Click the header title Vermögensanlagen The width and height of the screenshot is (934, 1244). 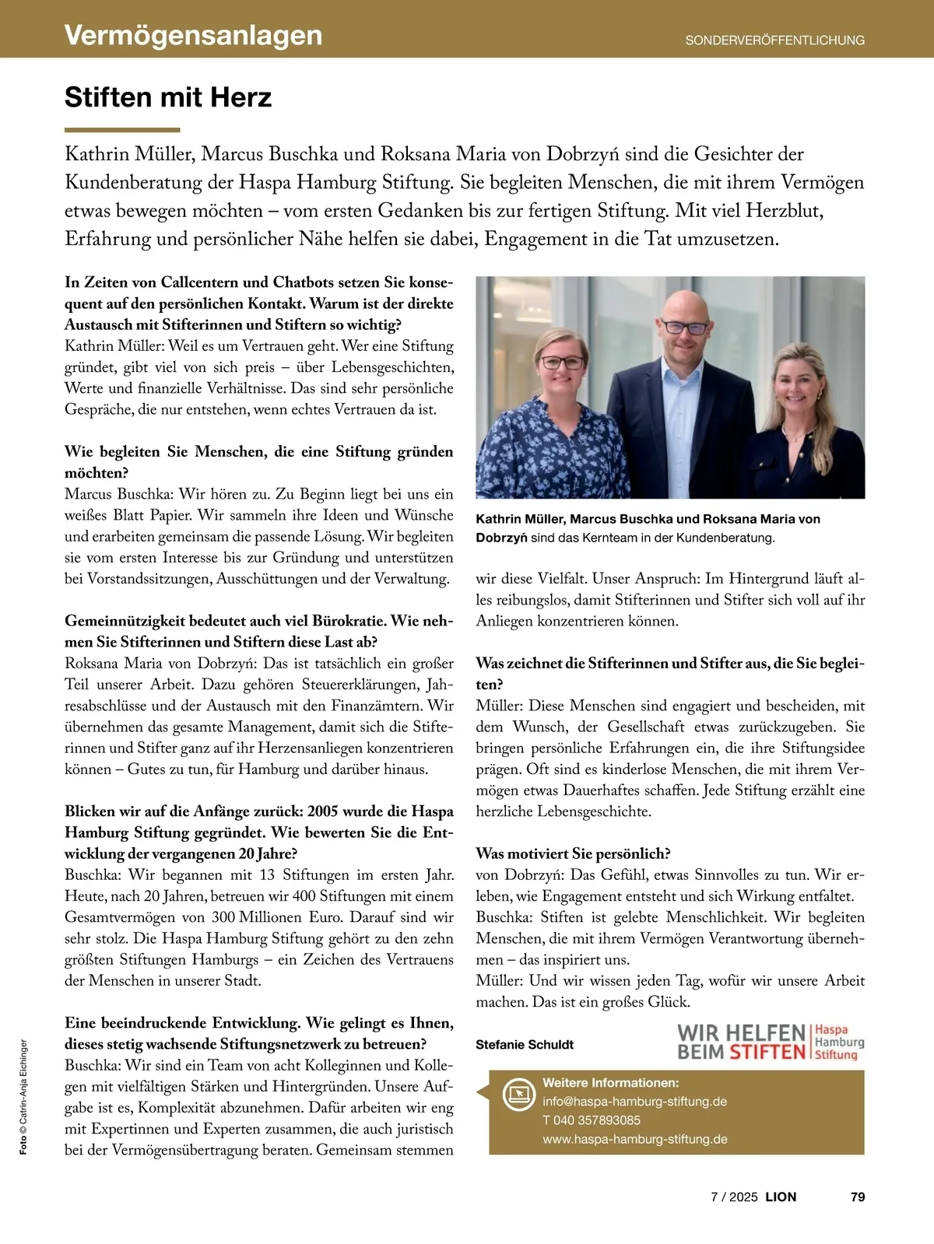click(193, 35)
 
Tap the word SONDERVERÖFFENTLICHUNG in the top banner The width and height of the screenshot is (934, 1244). click(774, 40)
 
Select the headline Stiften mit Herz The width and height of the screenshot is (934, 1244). click(168, 98)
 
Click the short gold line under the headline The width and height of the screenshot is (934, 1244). click(122, 130)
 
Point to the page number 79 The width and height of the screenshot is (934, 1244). click(858, 1197)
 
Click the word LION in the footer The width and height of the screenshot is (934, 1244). click(781, 1197)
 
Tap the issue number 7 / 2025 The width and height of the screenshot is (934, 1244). click(733, 1197)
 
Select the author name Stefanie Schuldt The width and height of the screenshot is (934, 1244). click(525, 1044)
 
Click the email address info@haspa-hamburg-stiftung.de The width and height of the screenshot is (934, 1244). click(634, 1101)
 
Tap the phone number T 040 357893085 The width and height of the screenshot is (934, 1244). click(592, 1120)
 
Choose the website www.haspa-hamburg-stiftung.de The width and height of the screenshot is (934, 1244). click(635, 1139)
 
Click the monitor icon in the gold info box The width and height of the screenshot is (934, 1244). click(517, 1093)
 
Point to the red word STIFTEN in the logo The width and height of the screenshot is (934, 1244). click(767, 1052)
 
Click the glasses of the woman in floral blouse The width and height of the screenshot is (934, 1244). click(562, 362)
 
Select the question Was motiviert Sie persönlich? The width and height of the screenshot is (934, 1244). click(573, 853)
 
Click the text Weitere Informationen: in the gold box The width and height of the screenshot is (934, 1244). click(611, 1082)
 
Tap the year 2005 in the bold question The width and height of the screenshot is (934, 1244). click(322, 811)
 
